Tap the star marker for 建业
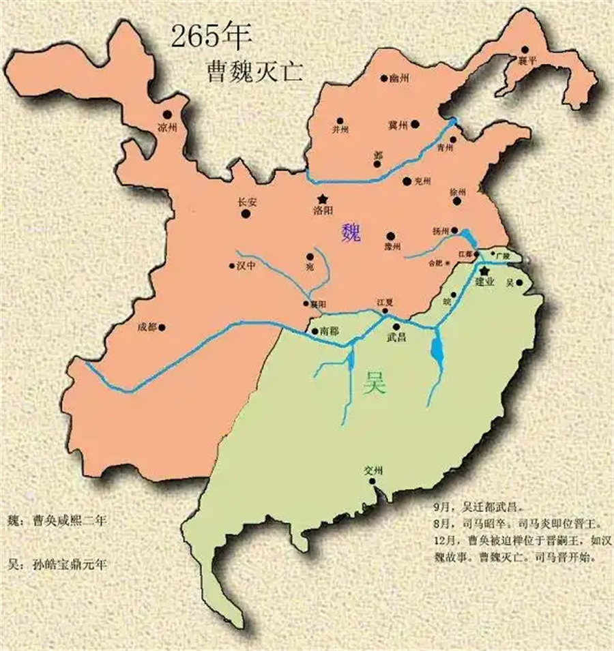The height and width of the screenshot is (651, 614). pyautogui.click(x=485, y=271)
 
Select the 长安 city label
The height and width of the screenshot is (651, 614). pyautogui.click(x=245, y=202)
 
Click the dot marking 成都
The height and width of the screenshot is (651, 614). pyautogui.click(x=162, y=327)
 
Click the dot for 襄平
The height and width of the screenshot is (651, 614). pyautogui.click(x=525, y=49)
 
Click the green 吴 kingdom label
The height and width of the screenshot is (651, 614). pyautogui.click(x=375, y=384)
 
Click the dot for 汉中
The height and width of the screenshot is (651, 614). pyautogui.click(x=231, y=267)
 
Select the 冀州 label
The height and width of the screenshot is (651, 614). pyautogui.click(x=397, y=125)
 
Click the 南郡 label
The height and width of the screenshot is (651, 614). pyautogui.click(x=328, y=331)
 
